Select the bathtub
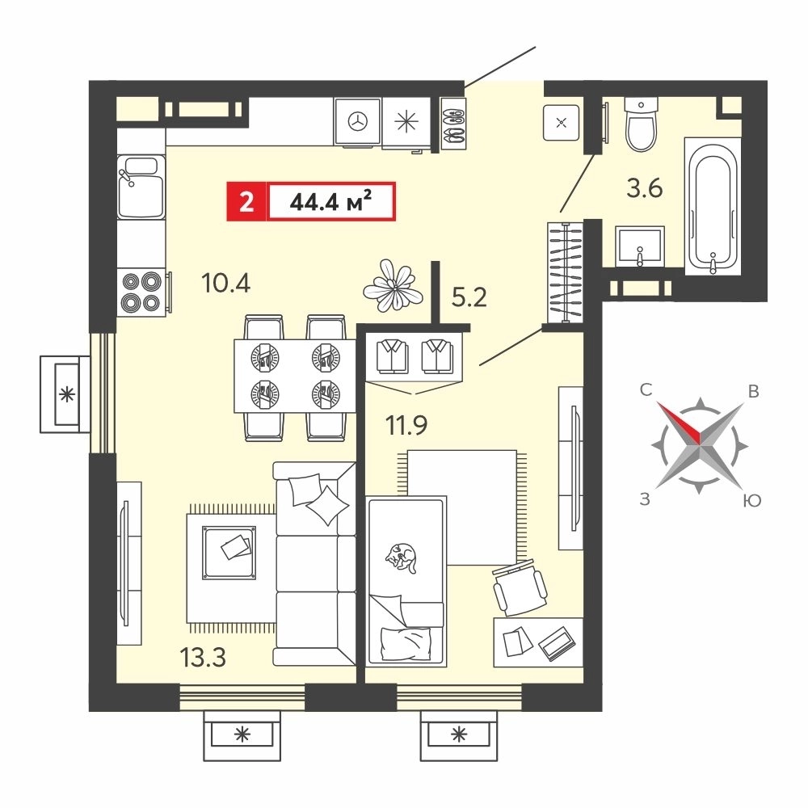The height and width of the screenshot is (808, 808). tap(713, 206)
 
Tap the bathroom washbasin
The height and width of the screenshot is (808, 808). tap(640, 246)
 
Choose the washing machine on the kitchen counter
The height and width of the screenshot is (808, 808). tap(357, 122)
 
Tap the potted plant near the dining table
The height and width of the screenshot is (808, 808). tap(393, 285)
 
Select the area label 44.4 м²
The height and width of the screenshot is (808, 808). tap(330, 201)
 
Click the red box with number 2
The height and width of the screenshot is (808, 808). tap(246, 201)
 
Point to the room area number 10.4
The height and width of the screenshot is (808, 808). tap(225, 283)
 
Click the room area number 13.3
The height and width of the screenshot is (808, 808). tap(203, 658)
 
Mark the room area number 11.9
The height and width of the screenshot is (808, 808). tap(406, 426)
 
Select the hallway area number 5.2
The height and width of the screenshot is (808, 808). tap(469, 297)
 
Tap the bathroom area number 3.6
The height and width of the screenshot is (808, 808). tap(644, 188)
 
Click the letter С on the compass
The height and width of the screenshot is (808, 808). tap(646, 389)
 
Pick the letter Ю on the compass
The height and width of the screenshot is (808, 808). tap(752, 500)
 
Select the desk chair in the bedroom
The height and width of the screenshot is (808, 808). tap(520, 587)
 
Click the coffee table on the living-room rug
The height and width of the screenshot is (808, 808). tap(229, 553)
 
